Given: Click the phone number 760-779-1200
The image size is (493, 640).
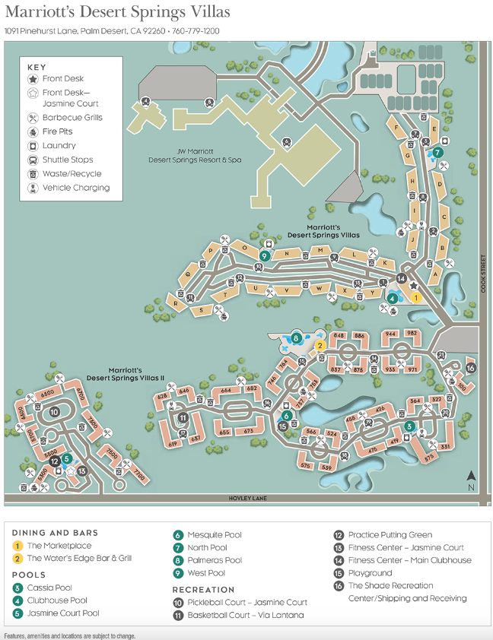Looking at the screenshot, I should tap(195, 31).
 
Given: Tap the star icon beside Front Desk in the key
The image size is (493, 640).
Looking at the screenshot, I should tap(33, 79).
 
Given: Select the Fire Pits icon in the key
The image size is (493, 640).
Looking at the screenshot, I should tap(33, 131).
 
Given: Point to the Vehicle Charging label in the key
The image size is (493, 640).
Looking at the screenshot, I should tap(76, 188).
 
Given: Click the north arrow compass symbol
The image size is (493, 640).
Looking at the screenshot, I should tap(472, 479).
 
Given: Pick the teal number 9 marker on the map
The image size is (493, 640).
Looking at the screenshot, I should tap(265, 256).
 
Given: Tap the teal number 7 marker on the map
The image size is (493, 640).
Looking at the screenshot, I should tap(437, 152).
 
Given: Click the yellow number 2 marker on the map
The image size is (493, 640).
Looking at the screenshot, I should tap(320, 345).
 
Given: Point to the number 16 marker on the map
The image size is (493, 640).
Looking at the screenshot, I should tap(470, 368).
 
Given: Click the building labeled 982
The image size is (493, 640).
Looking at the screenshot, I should tap(412, 334).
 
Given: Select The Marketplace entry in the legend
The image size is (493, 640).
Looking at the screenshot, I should tap(59, 546).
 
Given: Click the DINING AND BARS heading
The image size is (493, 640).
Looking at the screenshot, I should tap(55, 533).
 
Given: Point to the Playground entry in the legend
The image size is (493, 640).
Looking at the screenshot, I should tap(370, 573).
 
